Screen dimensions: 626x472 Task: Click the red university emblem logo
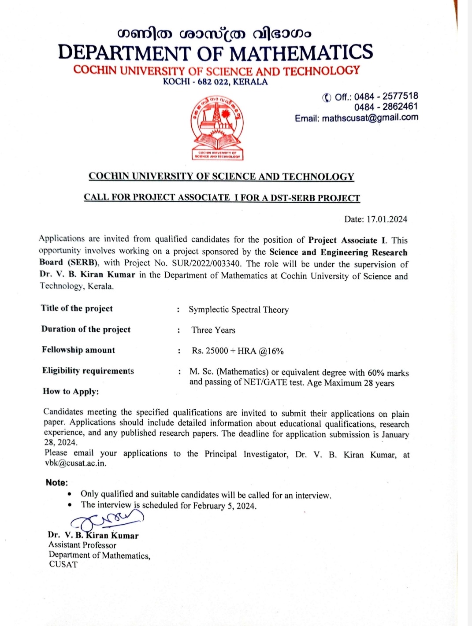[217, 128]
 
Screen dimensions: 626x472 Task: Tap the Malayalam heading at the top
[214, 33]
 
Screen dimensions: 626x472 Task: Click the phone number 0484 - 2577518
[386, 96]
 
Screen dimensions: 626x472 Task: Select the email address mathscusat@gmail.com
[370, 118]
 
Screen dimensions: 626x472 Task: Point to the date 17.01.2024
[387, 219]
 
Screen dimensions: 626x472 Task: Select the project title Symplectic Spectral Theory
[238, 310]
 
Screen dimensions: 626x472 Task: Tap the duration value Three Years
[213, 330]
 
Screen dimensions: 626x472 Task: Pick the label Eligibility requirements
[88, 371]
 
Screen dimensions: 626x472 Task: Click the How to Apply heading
[71, 392]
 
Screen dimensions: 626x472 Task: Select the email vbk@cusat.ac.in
[75, 463]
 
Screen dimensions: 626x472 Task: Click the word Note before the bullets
[56, 483]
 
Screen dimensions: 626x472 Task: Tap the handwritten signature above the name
[108, 522]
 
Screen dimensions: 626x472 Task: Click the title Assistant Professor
[82, 545]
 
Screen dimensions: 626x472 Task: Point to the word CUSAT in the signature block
[63, 565]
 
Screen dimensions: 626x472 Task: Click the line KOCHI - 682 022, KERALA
[215, 82]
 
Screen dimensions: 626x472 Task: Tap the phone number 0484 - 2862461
[386, 107]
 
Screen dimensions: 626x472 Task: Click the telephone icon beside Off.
[327, 97]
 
